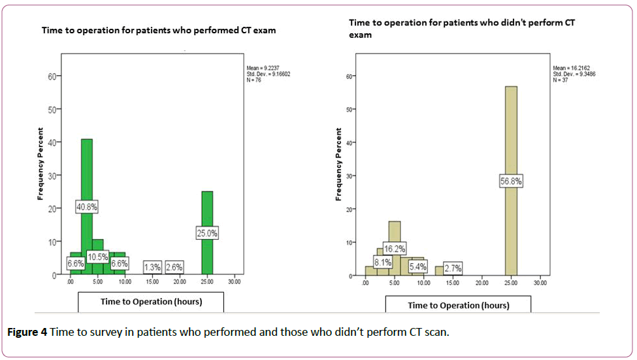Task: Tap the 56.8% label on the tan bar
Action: point(511,181)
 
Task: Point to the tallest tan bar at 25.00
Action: point(511,131)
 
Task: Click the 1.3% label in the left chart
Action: point(152,267)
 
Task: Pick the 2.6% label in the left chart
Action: point(174,267)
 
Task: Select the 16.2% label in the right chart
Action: point(395,248)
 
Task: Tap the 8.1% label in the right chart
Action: point(382,263)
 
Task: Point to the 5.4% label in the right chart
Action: point(417,267)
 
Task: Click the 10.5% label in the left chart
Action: point(97,257)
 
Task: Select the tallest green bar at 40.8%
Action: point(86,163)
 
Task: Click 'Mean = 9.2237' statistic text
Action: point(262,68)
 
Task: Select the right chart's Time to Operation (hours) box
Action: point(458,305)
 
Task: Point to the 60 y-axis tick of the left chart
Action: point(54,76)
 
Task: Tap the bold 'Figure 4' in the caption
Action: point(27,332)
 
